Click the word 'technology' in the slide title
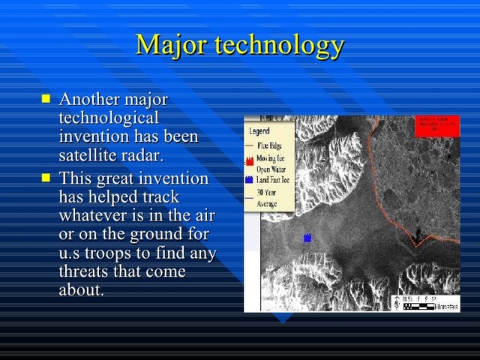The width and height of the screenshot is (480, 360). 279,46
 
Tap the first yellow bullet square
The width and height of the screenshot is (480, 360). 46,99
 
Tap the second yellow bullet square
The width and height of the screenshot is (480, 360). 46,178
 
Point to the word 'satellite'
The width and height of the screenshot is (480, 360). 88,156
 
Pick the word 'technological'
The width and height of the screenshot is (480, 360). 109,118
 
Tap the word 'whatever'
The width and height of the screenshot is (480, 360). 94,216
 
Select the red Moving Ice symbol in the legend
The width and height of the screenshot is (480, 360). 250,160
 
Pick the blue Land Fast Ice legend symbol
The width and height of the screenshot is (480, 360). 250,180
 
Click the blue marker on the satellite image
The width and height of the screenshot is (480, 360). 307,238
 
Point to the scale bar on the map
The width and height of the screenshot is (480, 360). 424,303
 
